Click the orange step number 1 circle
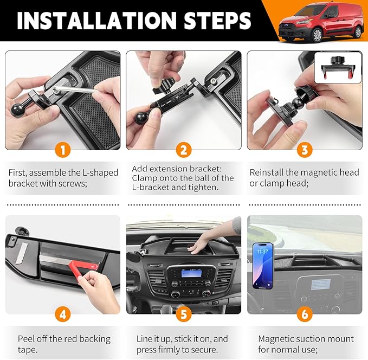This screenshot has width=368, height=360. click(x=63, y=150)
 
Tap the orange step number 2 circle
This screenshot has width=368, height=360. click(x=184, y=150)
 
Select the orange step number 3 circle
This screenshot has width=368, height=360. click(x=305, y=150)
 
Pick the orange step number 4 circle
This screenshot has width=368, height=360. click(x=63, y=314)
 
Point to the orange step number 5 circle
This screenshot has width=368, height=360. click(x=184, y=314)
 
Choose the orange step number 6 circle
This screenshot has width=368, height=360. click(x=305, y=314)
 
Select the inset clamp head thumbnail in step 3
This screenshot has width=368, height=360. click(x=338, y=67)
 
